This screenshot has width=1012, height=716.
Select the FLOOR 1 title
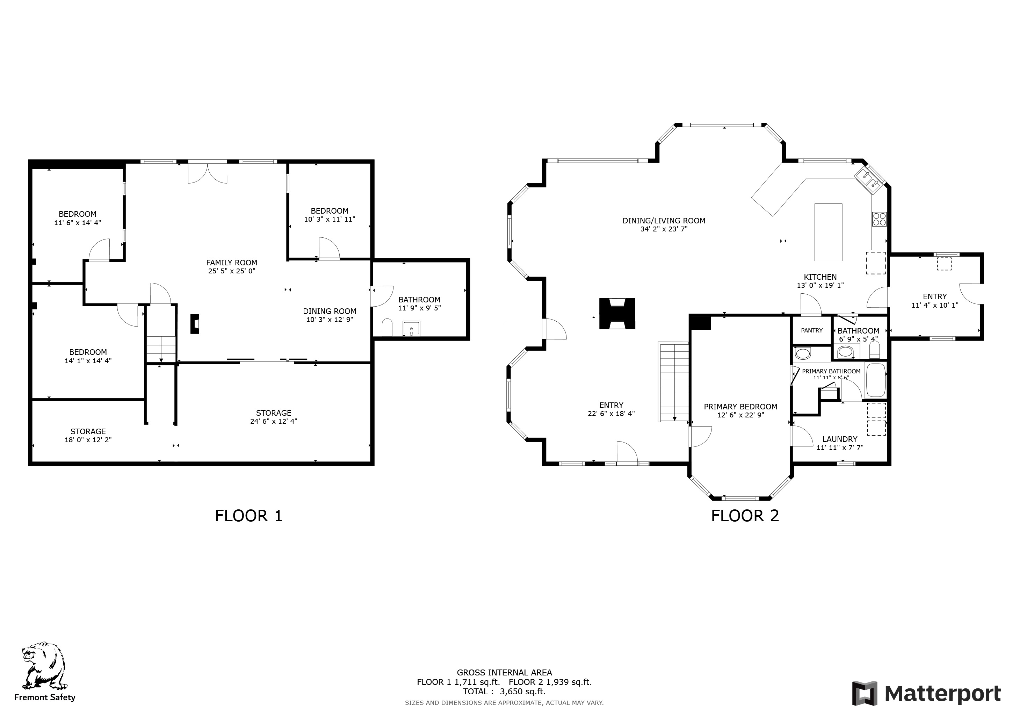click(248, 516)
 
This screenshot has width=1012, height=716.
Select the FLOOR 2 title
click(745, 516)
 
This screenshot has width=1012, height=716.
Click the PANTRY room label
click(811, 330)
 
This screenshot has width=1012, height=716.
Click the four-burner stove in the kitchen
click(879, 219)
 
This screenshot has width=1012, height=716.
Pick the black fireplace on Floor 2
click(617, 314)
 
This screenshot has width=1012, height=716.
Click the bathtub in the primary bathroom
click(876, 380)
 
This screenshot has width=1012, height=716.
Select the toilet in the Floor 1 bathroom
click(387, 327)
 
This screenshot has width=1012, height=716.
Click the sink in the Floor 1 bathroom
click(411, 329)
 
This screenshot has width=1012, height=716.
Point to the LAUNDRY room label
click(840, 439)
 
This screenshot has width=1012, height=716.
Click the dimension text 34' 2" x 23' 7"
click(664, 229)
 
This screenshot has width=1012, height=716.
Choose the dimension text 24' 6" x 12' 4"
click(274, 421)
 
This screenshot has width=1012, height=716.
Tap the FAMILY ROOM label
click(231, 262)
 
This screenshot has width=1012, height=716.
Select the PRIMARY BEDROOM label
click(740, 407)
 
